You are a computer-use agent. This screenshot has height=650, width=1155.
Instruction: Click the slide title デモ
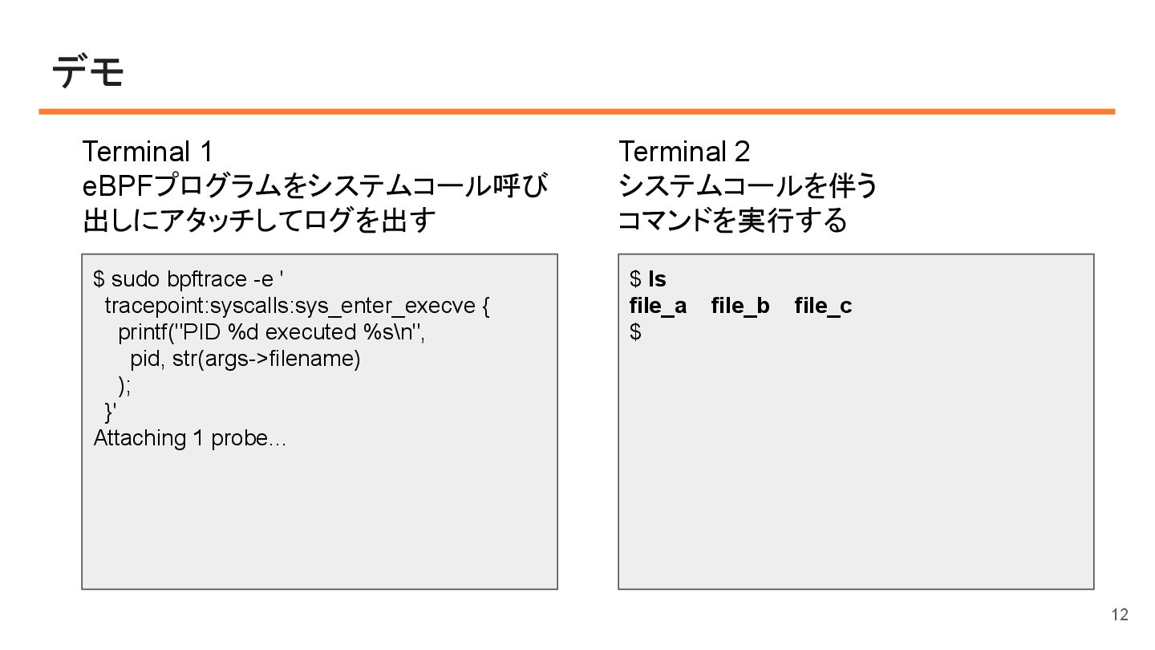tap(88, 73)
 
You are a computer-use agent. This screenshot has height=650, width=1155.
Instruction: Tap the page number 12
tap(1119, 615)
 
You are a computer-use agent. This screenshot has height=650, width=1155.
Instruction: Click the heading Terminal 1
tap(148, 151)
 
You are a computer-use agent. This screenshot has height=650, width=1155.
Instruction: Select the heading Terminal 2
tap(684, 151)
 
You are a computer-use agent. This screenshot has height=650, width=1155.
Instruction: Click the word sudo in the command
tap(136, 279)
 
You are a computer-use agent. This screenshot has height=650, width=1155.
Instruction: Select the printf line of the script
tap(271, 332)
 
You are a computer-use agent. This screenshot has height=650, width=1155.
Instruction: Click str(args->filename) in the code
tap(266, 359)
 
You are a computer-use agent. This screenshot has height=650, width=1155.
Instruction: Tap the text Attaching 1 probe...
tap(189, 438)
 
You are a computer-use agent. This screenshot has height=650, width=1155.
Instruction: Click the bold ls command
tap(657, 279)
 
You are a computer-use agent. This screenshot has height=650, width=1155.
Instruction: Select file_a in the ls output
tap(658, 306)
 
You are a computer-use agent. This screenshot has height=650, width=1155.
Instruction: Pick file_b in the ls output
tap(740, 306)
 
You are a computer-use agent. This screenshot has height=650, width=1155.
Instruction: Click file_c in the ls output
tap(823, 306)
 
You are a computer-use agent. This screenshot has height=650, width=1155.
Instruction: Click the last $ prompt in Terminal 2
tap(635, 332)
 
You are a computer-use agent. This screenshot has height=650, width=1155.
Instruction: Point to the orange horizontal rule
tap(577, 112)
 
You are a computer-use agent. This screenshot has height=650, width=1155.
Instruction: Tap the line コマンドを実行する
tap(731, 220)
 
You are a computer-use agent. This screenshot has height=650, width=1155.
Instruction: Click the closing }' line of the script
tap(111, 412)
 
